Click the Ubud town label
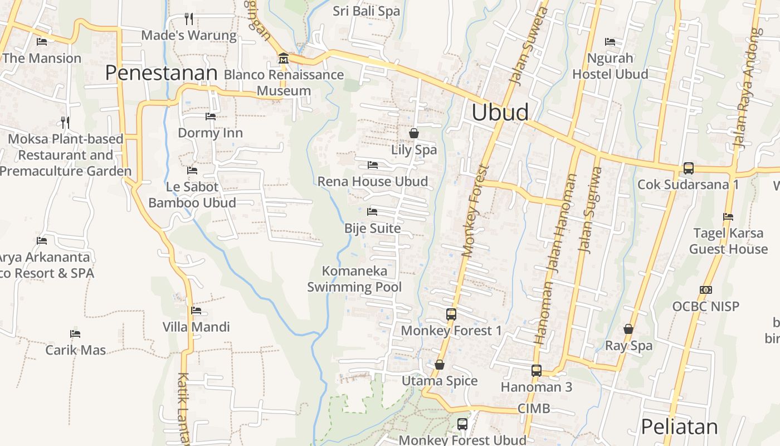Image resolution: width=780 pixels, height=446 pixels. point(500,112)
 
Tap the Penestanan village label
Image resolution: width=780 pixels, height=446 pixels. point(161,73)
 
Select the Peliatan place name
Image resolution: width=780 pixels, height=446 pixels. point(679,426)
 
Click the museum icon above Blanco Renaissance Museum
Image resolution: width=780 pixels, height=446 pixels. point(283,58)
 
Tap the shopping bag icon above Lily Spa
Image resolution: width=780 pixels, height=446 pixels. point(414,133)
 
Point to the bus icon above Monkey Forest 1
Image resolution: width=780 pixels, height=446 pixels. point(451,314)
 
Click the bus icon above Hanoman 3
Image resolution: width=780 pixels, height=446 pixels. point(536,370)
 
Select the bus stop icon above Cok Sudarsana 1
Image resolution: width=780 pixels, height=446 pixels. point(688,168)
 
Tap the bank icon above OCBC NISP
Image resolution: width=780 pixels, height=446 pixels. point(705,290)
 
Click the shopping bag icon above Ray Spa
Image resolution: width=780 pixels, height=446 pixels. point(628,329)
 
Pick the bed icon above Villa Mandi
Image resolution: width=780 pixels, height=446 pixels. point(196,311)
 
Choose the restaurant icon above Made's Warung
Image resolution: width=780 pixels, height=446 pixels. point(189,19)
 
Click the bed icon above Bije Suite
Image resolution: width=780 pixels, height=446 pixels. point(372,212)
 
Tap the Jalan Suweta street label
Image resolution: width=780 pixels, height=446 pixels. point(528,47)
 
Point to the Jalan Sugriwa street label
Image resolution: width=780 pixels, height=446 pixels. point(591,210)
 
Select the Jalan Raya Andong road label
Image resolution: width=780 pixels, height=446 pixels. point(747,89)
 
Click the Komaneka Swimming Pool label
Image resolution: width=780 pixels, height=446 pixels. point(354,279)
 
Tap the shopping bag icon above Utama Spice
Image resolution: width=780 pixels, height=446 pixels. point(440,365)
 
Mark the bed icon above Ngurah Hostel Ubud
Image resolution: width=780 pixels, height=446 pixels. point(610,41)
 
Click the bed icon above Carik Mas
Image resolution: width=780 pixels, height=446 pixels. point(75,334)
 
